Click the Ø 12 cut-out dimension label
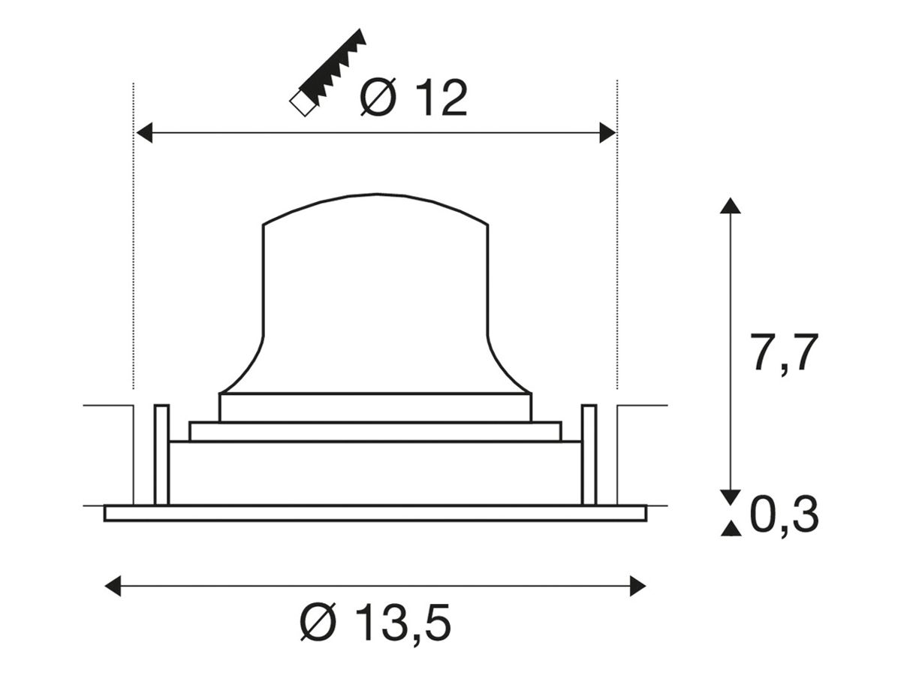pyautogui.click(x=414, y=98)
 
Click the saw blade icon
pyautogui.click(x=327, y=73)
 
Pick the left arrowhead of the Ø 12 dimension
pyautogui.click(x=144, y=133)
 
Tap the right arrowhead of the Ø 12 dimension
pyautogui.click(x=607, y=133)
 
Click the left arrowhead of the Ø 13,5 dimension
pyautogui.click(x=113, y=586)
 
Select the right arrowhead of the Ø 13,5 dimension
pyautogui.click(x=638, y=586)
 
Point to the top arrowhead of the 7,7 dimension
pyautogui.click(x=731, y=206)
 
